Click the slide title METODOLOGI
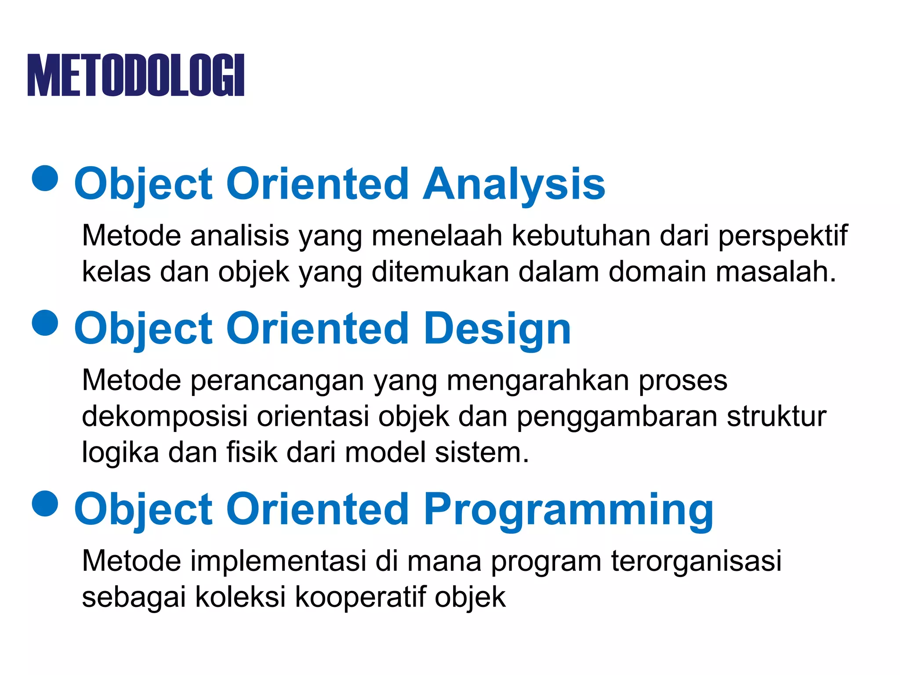pos(136,75)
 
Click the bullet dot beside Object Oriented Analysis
pos(45,178)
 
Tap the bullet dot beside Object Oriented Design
pos(45,323)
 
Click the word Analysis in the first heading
pos(514,185)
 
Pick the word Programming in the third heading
pos(568,510)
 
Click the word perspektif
pos(783,236)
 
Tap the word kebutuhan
pos(581,236)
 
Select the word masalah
pos(776,272)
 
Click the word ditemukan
pos(440,272)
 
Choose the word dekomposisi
pos(164,417)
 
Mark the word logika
pos(120,453)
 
